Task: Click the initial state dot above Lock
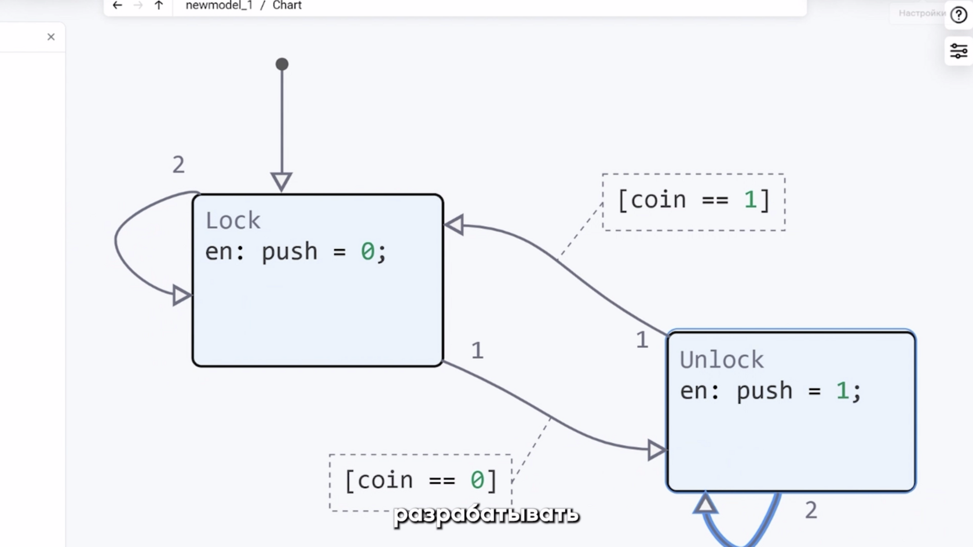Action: point(282,64)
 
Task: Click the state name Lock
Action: point(233,221)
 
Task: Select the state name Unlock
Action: point(722,360)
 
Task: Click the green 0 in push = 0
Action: point(367,251)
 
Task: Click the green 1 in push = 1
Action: point(842,391)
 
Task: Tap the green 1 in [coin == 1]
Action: point(750,200)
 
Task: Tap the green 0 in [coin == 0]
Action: point(477,480)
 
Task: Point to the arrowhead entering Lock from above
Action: point(281,181)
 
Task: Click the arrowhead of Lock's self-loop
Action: point(182,296)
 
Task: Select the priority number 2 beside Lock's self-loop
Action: point(178,165)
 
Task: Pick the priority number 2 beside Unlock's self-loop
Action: point(811,510)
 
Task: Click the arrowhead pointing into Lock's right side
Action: point(454,225)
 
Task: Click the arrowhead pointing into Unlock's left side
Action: point(656,450)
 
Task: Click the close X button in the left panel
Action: point(51,37)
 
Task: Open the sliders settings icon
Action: point(958,51)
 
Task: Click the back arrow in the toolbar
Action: point(117,5)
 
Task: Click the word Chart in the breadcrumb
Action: point(287,5)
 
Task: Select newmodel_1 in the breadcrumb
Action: point(219,5)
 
